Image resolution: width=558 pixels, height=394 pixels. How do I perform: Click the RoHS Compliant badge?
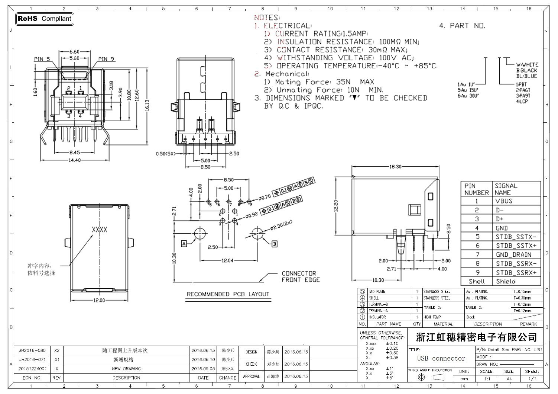point(45,19)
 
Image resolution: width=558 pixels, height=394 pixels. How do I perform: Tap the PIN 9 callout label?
point(106,59)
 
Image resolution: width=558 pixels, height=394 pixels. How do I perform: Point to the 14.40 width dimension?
point(75,160)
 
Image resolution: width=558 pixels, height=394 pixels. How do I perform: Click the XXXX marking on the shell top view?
point(100,230)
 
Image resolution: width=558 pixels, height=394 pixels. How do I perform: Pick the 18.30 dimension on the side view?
point(395,167)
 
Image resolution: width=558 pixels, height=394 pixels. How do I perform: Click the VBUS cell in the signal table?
point(504,201)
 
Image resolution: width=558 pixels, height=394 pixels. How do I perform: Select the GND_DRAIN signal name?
point(513,254)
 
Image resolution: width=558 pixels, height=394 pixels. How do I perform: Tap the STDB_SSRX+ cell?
point(516,272)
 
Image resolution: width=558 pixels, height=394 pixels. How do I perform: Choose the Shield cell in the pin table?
point(506,281)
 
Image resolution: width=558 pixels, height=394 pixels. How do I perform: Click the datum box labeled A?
point(184,244)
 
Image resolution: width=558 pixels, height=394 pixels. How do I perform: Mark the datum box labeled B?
point(275,244)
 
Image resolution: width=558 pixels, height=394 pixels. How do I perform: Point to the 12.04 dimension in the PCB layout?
point(227,260)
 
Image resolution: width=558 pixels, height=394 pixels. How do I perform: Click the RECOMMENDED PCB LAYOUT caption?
point(228,294)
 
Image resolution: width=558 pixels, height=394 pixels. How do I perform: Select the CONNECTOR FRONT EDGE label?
point(301,276)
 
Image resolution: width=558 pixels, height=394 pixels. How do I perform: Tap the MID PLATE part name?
point(377,292)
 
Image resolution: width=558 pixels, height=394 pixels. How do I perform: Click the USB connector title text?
point(441,358)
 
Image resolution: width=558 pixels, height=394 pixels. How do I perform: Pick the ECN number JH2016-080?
point(32,350)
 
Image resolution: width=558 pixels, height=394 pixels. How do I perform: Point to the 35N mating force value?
point(343,82)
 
